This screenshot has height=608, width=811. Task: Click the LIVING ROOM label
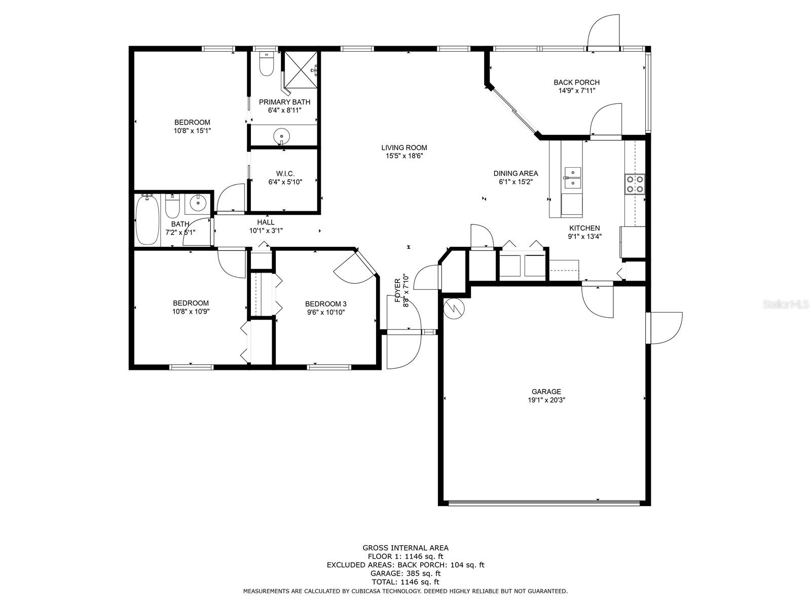[404, 147]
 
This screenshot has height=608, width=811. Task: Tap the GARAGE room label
[546, 392]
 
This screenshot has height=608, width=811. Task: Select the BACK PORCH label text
[576, 82]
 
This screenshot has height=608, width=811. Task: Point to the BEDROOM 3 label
[325, 304]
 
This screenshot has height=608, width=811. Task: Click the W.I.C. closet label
[285, 173]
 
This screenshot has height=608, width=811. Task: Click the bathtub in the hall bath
[148, 220]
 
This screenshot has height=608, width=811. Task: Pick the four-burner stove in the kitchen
[635, 184]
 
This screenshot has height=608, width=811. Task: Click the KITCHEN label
[584, 228]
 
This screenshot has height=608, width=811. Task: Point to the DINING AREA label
[515, 173]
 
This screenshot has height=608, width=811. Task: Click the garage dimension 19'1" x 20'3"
[546, 400]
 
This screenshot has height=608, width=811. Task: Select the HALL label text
[266, 222]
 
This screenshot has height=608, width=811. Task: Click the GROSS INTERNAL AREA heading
[405, 548]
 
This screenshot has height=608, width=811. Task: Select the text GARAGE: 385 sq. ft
[405, 574]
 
